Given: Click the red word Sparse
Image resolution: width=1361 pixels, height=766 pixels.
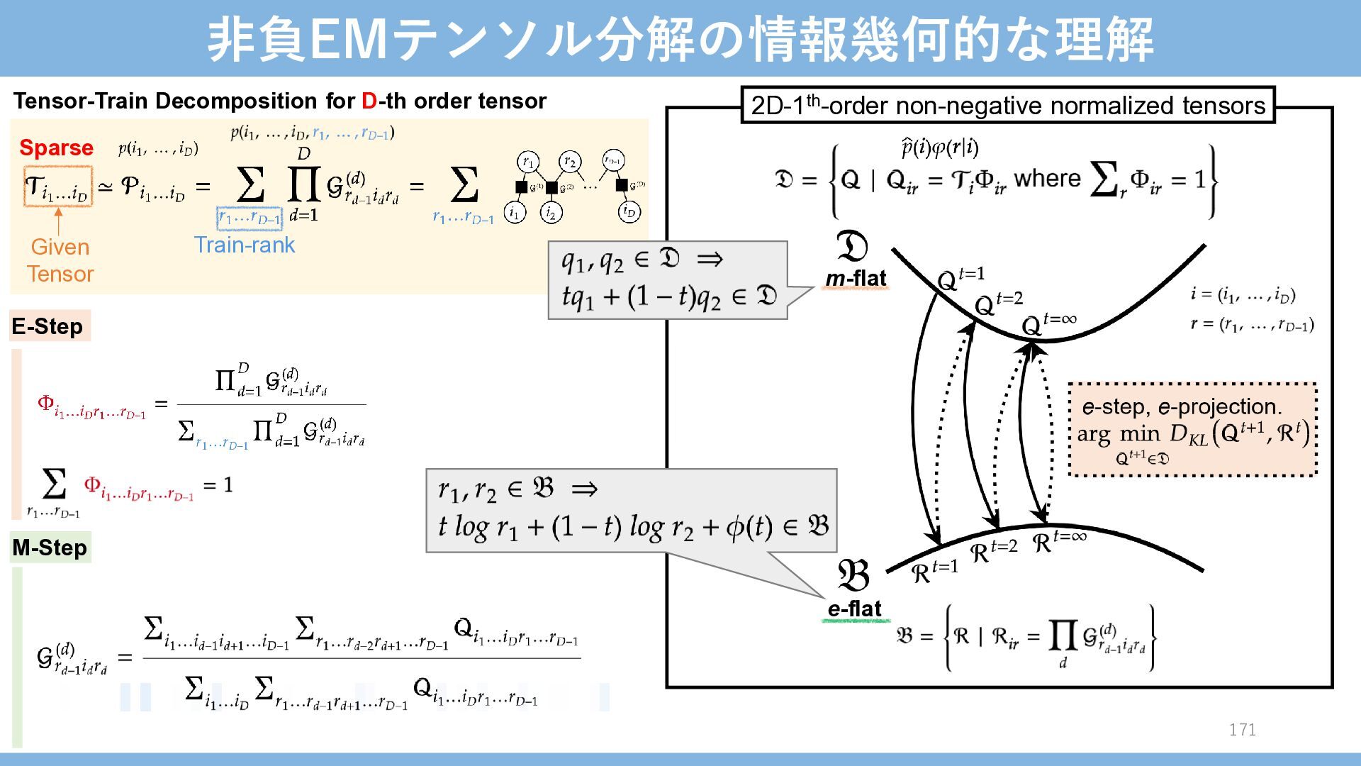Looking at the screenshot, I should pos(56,148).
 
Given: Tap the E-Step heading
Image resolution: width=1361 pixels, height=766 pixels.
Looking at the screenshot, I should pos(47,326).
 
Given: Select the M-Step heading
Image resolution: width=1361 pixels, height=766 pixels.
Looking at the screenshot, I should pos(50,548).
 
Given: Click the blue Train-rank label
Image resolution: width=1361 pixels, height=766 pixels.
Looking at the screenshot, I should pos(245,245).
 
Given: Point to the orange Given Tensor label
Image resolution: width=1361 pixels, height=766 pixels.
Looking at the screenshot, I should pos(60,260).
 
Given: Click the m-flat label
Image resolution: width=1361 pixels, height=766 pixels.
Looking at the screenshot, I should pos(856,279).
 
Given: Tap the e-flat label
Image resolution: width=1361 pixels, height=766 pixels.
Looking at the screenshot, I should pos(854,609).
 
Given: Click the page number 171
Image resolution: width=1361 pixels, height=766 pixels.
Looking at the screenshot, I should pos(1242,730).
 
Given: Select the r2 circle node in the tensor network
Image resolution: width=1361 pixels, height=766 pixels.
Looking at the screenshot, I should pos(570,162).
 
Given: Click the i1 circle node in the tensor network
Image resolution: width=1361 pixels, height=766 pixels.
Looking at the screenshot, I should pos(515,212).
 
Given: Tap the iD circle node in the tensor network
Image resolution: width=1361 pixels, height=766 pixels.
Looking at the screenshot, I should pos(629,211).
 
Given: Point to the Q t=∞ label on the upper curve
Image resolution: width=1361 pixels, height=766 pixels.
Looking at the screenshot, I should pos(1048,324).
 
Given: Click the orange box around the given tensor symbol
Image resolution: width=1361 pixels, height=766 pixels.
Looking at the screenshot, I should pos(58,187).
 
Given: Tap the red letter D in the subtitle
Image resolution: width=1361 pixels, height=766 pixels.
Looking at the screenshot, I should pos(369,101).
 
